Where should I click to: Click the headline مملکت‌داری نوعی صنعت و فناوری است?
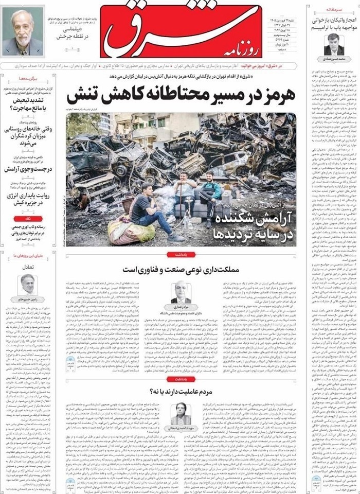coord(181,269)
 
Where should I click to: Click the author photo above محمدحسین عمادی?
coord(334,44)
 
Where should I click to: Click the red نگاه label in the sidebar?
coord(27,219)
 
